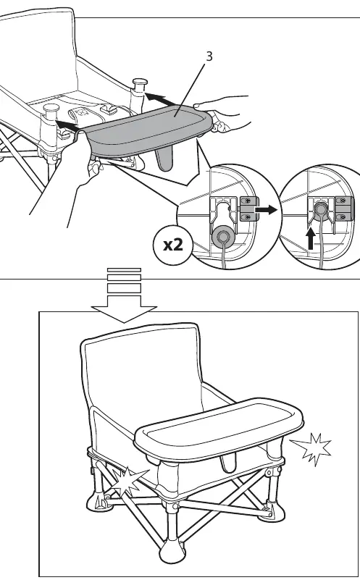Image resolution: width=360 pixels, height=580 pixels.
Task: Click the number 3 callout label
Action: (x=209, y=56)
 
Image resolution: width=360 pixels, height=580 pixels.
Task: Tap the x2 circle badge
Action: (x=173, y=245)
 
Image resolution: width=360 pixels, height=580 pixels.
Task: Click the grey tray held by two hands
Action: (x=148, y=130)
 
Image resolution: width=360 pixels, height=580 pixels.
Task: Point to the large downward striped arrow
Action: (x=124, y=295)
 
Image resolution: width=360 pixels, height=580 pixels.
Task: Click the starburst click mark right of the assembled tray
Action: (x=312, y=449)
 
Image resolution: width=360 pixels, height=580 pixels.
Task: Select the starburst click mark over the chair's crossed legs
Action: (x=128, y=481)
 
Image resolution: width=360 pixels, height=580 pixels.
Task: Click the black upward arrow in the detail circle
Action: (x=311, y=239)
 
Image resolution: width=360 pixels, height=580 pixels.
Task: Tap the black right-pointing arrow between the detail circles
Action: (x=266, y=210)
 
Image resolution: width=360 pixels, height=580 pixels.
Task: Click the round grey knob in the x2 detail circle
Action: (x=222, y=235)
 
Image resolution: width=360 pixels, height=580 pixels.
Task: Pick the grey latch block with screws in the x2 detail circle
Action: (x=249, y=209)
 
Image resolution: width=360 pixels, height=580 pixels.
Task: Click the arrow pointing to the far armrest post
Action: (x=160, y=99)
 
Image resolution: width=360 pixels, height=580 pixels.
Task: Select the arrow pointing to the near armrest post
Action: (x=67, y=126)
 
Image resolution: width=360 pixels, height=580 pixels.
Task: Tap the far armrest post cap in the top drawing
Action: (x=141, y=82)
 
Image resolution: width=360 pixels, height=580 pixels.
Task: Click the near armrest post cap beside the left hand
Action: (x=51, y=109)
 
